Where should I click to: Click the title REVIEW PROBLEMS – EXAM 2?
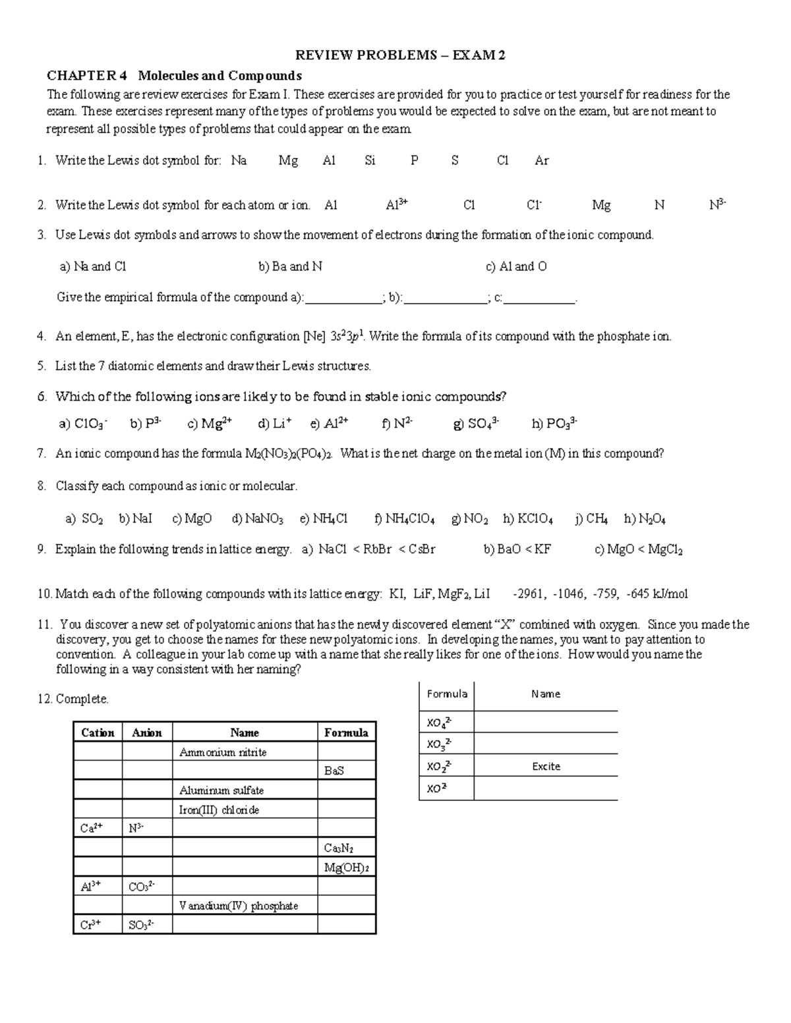[x=400, y=55]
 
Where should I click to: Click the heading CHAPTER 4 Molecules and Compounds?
[x=174, y=75]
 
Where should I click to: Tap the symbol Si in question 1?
[x=370, y=160]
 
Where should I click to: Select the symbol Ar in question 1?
[x=541, y=160]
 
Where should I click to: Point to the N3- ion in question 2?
[x=717, y=205]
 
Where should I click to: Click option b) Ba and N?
[x=290, y=266]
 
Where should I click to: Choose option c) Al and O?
[x=516, y=266]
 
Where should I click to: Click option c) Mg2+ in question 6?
[x=210, y=424]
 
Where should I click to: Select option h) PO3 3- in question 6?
[x=554, y=424]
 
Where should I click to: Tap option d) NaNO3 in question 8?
[x=258, y=519]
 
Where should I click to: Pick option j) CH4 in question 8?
[x=591, y=519]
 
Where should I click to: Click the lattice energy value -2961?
[x=529, y=594]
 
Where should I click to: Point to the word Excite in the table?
[x=546, y=767]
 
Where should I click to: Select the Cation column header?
[x=98, y=733]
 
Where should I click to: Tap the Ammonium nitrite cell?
[x=223, y=752]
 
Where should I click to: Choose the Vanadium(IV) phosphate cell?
[x=239, y=906]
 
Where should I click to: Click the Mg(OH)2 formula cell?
[x=346, y=868]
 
